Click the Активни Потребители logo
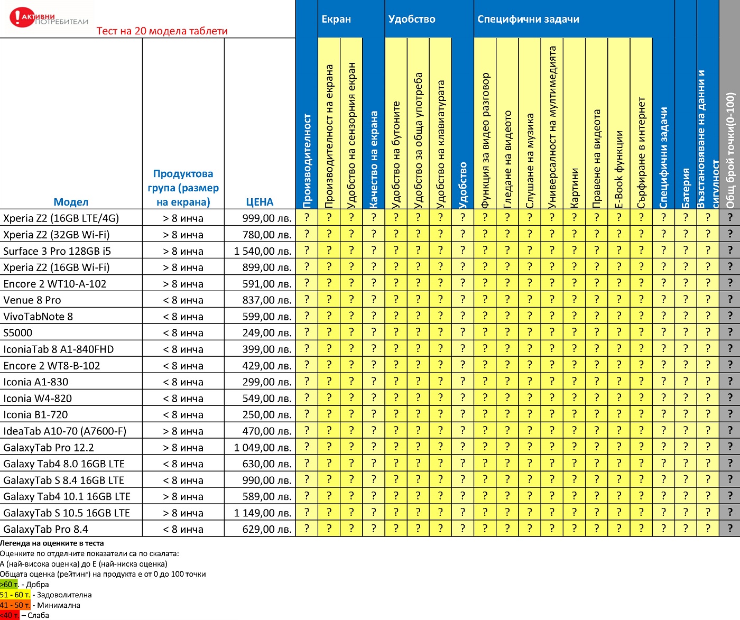point(49,17)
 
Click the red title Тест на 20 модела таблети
point(162,31)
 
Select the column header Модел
point(71,202)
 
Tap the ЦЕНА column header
point(260,202)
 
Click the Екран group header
point(336,19)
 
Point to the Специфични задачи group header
point(528,19)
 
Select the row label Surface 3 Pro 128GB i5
point(57,251)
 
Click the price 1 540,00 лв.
point(263,251)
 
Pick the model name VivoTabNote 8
point(38,317)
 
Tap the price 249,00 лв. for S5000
point(267,333)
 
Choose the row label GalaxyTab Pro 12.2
point(49,448)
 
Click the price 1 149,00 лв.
point(263,513)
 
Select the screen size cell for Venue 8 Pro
point(183,300)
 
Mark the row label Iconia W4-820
point(38,399)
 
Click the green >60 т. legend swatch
point(9,585)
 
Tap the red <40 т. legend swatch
point(10,615)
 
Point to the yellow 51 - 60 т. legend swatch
point(15,595)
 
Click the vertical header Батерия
point(686,188)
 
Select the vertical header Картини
point(575,188)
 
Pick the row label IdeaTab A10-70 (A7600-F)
point(64,431)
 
